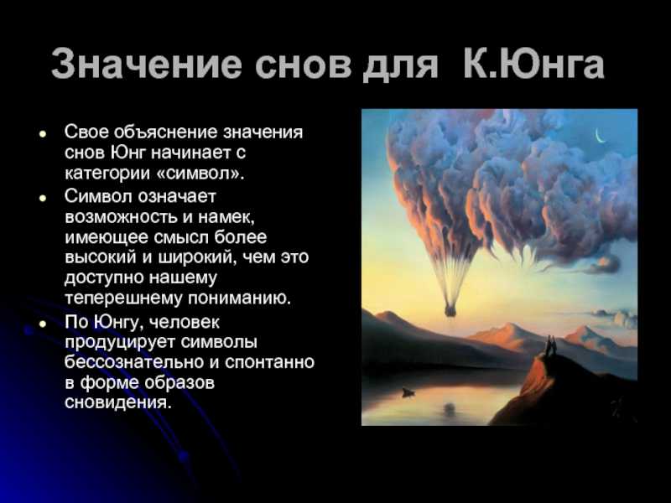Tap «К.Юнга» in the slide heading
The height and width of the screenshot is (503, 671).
[533, 64]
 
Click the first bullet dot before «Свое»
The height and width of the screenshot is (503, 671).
[42, 133]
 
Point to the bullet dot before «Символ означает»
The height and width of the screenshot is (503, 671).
[42, 198]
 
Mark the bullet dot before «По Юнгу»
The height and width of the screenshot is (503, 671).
[42, 324]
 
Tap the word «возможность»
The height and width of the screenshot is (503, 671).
[121, 217]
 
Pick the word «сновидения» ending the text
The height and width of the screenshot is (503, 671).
[118, 402]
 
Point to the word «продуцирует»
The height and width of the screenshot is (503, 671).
[120, 343]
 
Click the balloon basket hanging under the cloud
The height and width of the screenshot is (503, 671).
[450, 309]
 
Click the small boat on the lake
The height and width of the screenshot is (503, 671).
[408, 392]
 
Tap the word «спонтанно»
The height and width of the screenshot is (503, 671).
[269, 363]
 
